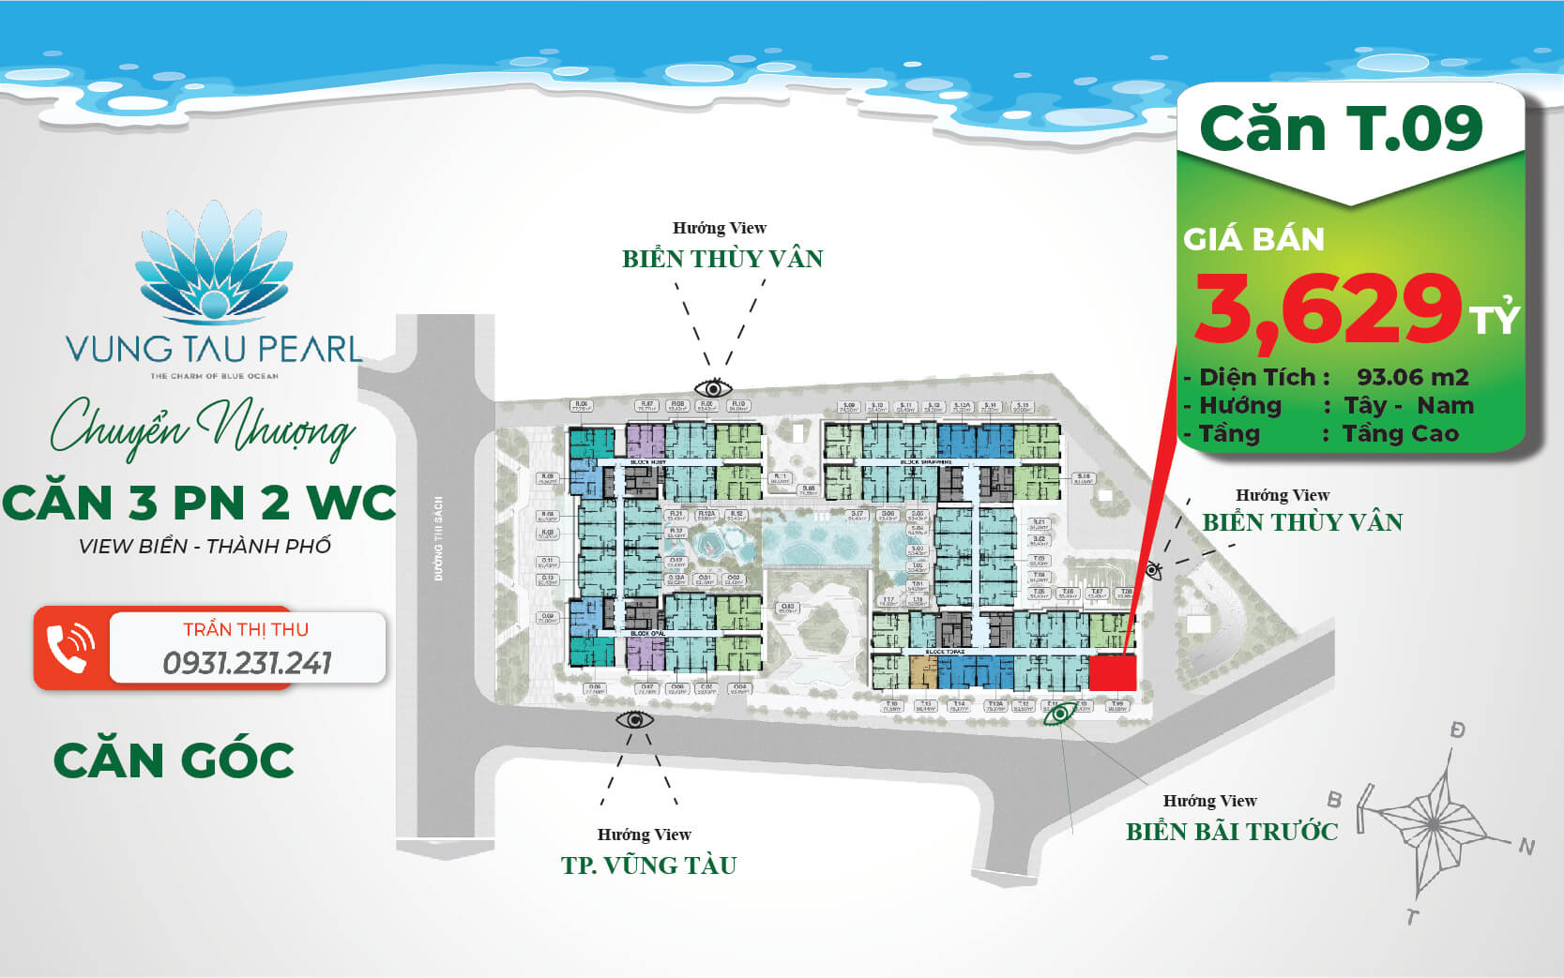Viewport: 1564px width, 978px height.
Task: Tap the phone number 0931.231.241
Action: click(247, 663)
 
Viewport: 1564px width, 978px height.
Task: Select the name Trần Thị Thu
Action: click(246, 629)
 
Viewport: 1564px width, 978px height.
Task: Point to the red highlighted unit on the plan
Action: click(1112, 671)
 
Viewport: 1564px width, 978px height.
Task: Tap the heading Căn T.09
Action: click(1341, 128)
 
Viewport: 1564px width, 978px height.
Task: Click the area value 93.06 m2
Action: click(1412, 377)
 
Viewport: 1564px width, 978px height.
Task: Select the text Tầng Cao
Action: click(1400, 433)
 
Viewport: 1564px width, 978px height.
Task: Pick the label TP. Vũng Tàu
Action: click(648, 865)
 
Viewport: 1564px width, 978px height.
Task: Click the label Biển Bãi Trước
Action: click(1231, 831)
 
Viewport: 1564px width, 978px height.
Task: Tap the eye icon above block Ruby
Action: click(713, 387)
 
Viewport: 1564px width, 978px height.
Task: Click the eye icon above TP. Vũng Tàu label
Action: click(634, 719)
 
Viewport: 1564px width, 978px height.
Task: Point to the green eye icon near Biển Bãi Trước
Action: click(1060, 715)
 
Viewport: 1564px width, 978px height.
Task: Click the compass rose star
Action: click(1435, 817)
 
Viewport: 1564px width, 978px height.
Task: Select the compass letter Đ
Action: click(1457, 730)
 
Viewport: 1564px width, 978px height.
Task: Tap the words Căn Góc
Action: click(174, 760)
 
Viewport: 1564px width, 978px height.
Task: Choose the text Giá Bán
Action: click(1253, 240)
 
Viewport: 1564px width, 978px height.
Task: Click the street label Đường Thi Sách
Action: click(439, 538)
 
